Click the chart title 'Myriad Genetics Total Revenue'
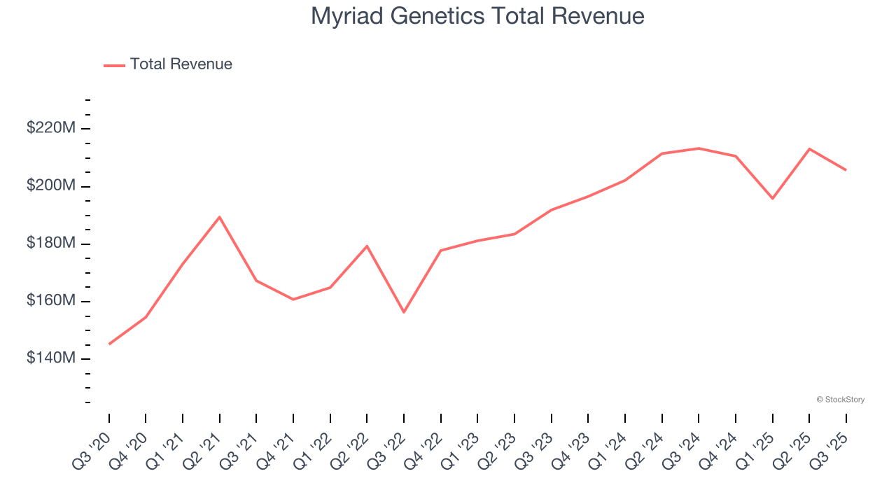(477, 15)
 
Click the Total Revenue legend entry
(168, 64)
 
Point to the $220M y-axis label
(51, 128)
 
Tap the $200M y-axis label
(51, 185)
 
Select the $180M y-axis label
(51, 243)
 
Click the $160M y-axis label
(51, 300)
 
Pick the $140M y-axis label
(51, 358)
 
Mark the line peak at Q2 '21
(220, 217)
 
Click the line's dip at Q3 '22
(404, 312)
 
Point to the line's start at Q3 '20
(109, 344)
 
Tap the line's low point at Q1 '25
(772, 199)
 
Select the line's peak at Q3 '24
(699, 148)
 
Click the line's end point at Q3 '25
(846, 170)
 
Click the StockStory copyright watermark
(840, 400)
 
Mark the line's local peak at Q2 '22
(367, 246)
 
